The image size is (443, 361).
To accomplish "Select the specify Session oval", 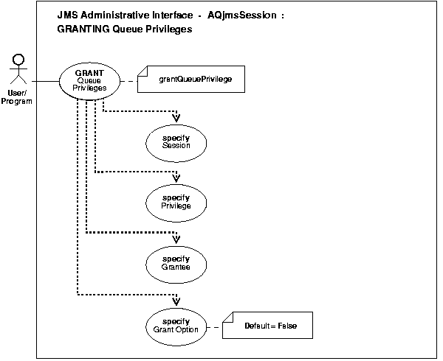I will (x=176, y=141).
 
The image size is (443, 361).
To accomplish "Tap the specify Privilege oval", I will (x=176, y=201).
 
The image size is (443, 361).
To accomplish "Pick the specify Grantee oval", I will (x=176, y=262).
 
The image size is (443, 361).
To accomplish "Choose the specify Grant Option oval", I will (x=176, y=325).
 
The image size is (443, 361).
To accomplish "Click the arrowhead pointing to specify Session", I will (x=176, y=117).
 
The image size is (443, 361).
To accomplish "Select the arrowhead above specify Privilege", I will (x=176, y=178).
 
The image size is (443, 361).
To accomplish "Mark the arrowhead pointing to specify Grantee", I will (x=176, y=238).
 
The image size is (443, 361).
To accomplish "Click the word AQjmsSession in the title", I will (x=233, y=15).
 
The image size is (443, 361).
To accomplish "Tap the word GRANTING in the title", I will (x=80, y=29).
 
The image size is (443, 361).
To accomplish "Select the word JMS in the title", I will (x=66, y=15).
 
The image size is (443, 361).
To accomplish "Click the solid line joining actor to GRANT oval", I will (x=44, y=79).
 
